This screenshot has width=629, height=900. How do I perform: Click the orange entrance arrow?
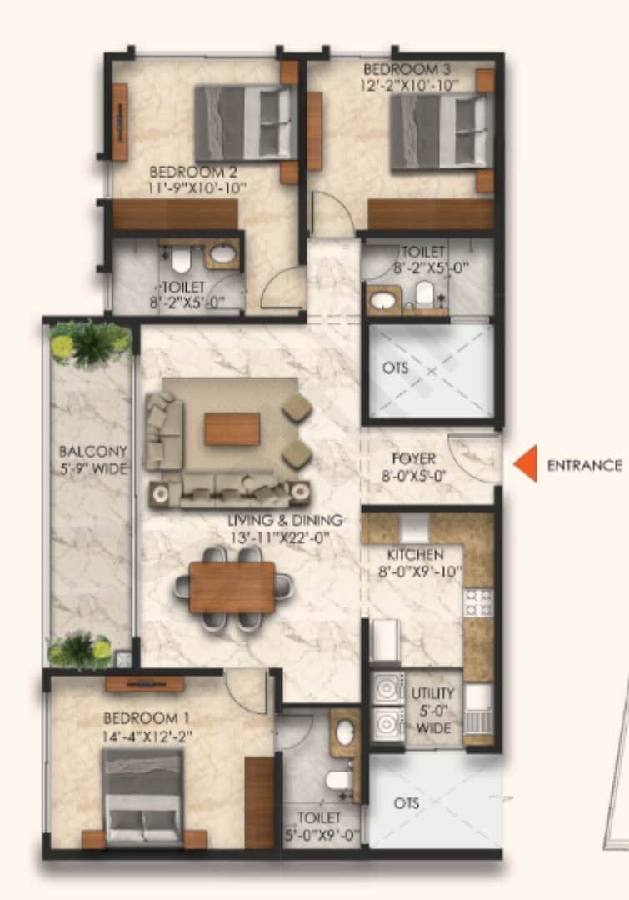pyautogui.click(x=526, y=464)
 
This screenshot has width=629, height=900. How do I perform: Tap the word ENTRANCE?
pyautogui.click(x=584, y=466)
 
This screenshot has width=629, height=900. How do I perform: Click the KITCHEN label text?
pyautogui.click(x=414, y=554)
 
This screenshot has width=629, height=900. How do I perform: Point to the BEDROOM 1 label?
pyautogui.click(x=140, y=717)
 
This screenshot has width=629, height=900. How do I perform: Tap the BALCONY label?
pyautogui.click(x=92, y=451)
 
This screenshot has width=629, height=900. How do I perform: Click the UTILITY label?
pyautogui.click(x=433, y=693)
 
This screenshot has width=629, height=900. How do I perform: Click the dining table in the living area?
pyautogui.click(x=232, y=587)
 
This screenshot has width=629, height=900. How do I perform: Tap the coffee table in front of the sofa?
pyautogui.click(x=232, y=429)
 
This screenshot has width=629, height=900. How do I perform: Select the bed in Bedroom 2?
pyautogui.click(x=242, y=122)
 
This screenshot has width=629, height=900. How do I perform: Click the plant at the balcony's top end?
pyautogui.click(x=90, y=343)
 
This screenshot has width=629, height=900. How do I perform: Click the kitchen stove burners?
pyautogui.click(x=478, y=602)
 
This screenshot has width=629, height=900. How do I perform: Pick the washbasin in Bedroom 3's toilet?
pyautogui.click(x=384, y=298)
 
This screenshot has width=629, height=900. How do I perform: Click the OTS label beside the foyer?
pyautogui.click(x=396, y=367)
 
